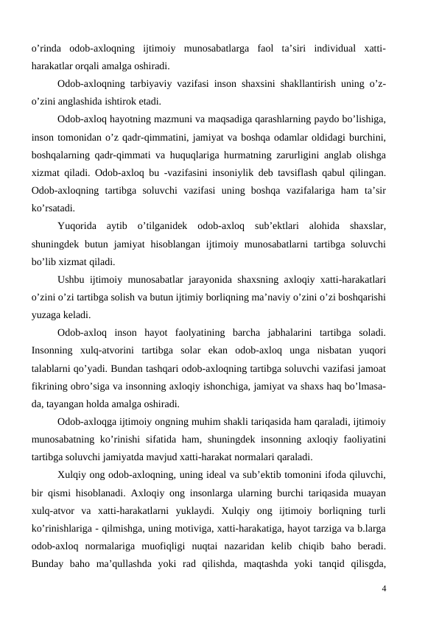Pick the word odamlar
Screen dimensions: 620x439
[x=292, y=136]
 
